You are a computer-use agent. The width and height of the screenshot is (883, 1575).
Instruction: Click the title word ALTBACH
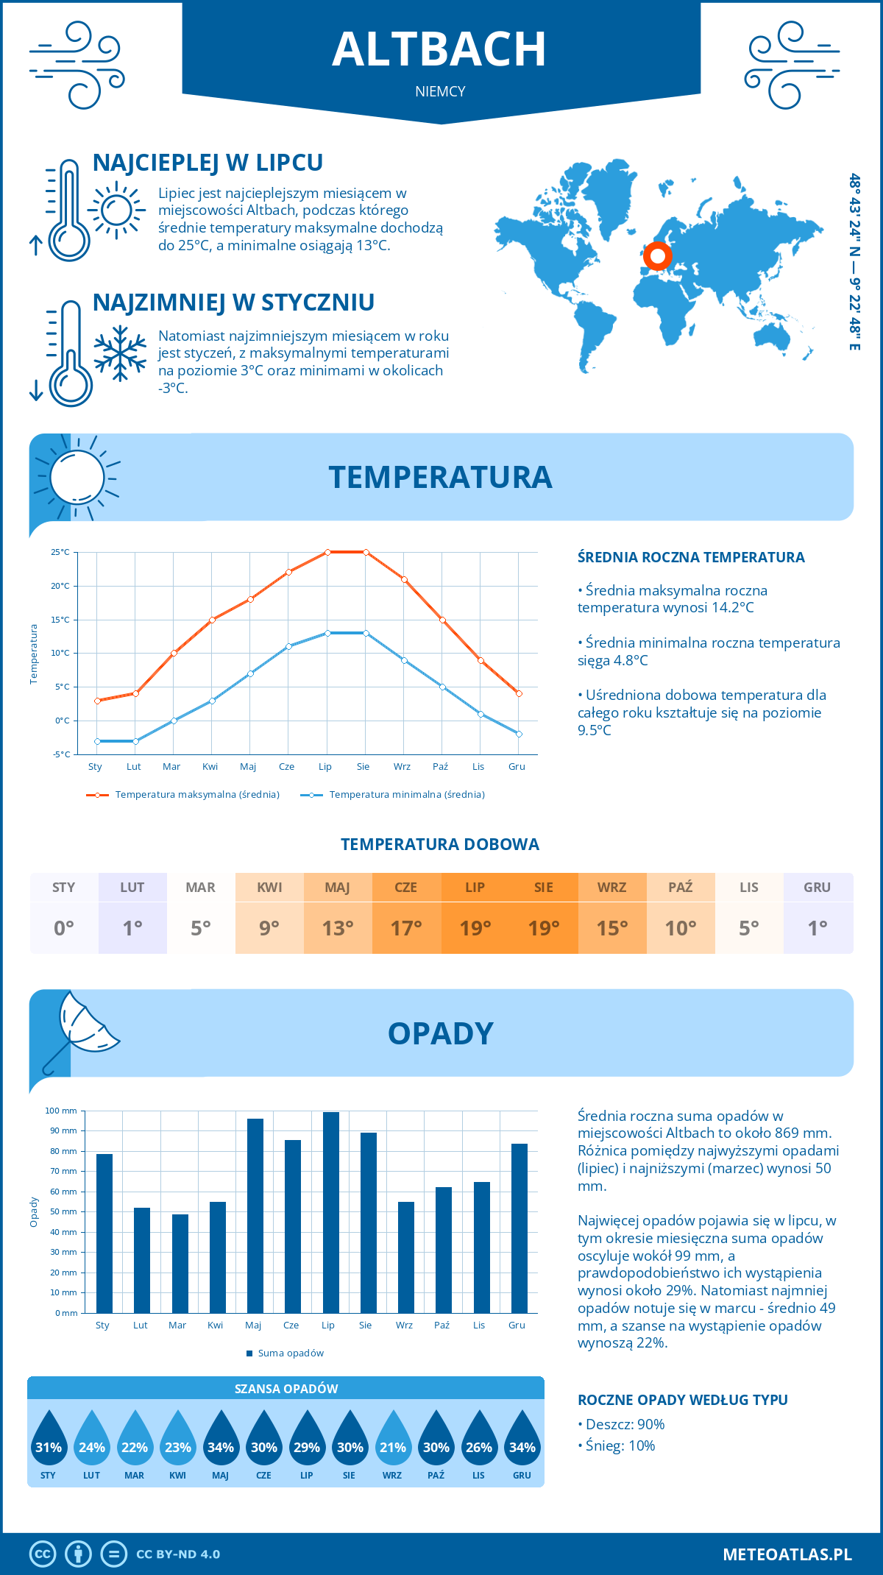439,49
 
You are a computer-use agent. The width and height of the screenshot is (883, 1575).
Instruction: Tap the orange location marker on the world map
657,256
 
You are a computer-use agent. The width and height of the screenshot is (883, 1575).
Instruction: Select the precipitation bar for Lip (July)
330,1212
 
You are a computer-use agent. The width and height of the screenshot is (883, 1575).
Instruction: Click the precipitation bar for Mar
180,1263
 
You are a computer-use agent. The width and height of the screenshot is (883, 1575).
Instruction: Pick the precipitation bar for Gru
519,1228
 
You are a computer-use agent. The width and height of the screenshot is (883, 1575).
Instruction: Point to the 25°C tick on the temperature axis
60,552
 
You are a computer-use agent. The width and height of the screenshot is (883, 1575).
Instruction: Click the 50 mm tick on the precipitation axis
64,1211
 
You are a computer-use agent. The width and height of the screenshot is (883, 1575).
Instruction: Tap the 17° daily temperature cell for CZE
406,927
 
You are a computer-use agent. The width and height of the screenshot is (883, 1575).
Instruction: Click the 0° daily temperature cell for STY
64,927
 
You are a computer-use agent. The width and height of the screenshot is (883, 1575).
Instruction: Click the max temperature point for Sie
366,552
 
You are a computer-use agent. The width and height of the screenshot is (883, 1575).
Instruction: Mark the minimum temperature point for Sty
97,741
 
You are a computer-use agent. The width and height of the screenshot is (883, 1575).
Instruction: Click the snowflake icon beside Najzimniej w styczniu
120,353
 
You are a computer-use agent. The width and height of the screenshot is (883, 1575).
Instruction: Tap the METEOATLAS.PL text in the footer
787,1554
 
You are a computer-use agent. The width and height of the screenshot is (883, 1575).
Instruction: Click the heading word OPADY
440,1033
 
